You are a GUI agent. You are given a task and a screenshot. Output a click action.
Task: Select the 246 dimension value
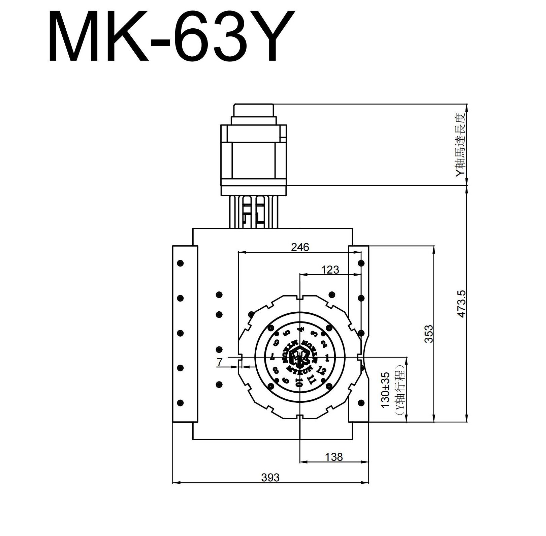300,247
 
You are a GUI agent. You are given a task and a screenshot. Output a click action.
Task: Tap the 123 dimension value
330,270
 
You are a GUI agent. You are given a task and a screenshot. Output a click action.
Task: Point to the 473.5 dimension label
461,304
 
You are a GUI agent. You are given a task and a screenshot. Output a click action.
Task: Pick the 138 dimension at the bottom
334,457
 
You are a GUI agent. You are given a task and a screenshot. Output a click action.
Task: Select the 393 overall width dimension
270,477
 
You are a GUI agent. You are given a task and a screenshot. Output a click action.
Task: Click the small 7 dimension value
220,362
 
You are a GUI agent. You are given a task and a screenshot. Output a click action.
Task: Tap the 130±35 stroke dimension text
386,390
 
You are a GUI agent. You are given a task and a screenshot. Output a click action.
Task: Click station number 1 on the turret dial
327,357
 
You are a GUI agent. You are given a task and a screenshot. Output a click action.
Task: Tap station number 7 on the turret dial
272,356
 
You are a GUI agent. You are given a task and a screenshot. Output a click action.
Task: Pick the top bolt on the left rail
180,263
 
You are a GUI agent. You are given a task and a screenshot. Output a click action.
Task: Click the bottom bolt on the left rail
180,403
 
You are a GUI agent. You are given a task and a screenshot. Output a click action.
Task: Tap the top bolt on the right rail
361,263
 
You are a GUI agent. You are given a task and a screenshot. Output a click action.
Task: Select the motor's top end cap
254,110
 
